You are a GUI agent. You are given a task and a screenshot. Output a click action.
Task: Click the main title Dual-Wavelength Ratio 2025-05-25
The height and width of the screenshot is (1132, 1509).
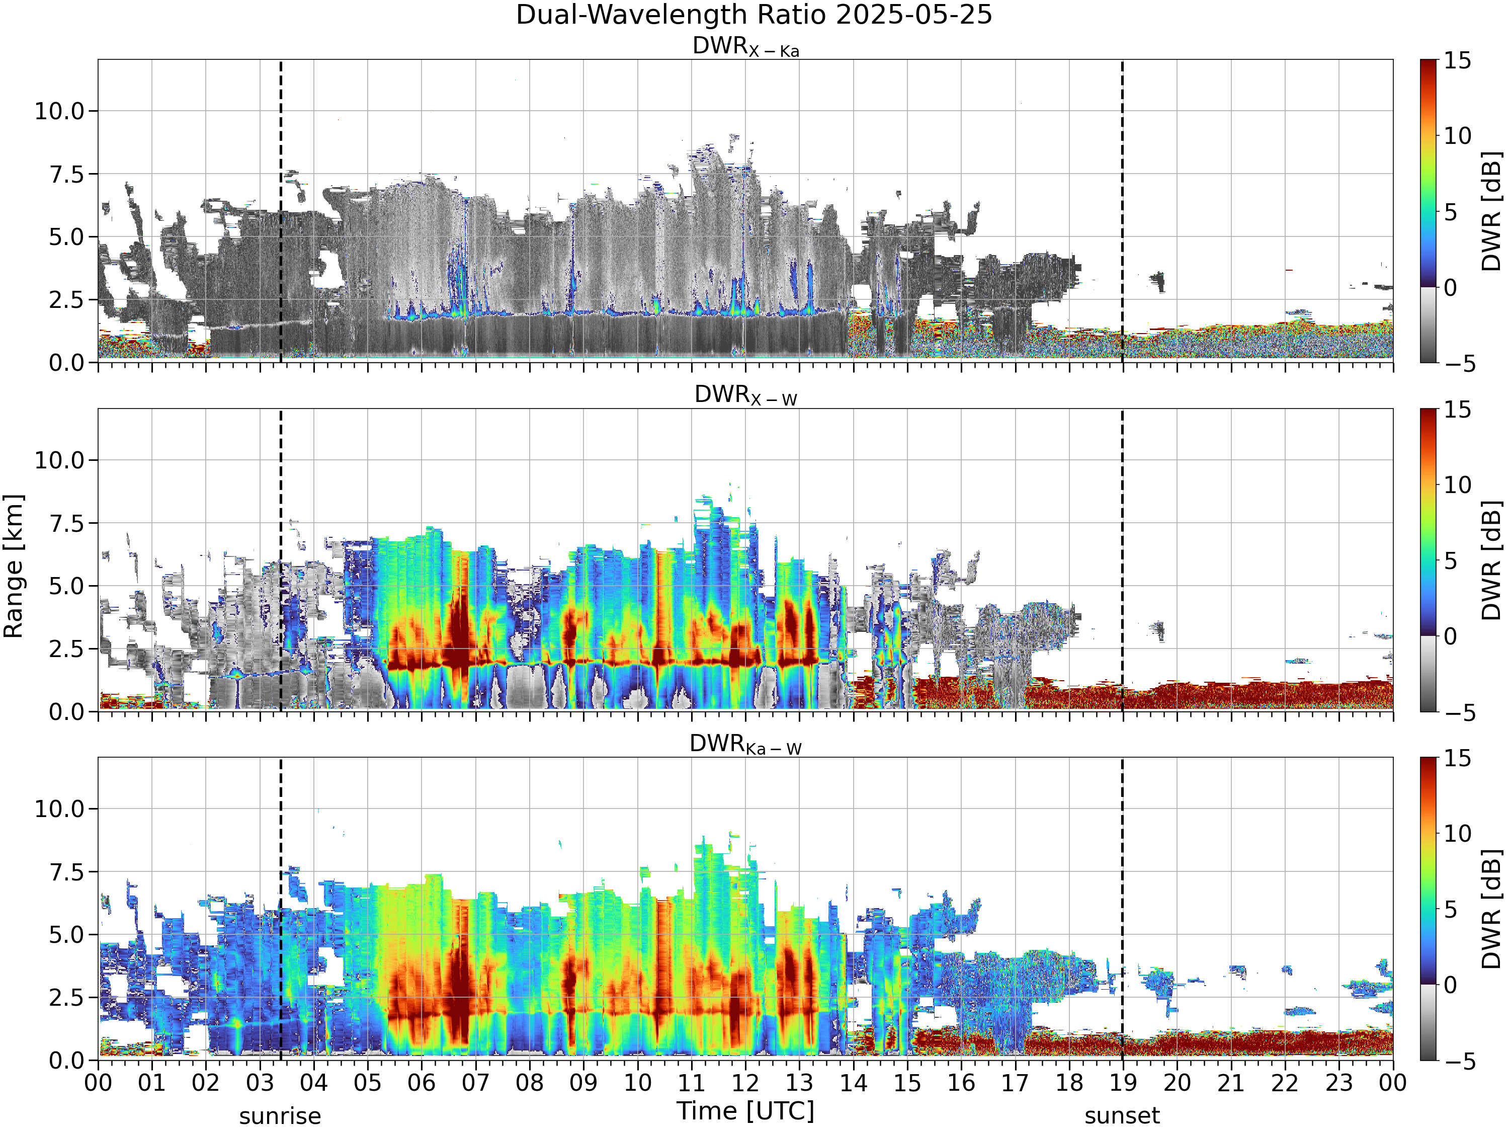[754, 15]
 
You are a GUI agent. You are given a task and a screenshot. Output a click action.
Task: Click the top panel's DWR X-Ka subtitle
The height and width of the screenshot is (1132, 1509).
[745, 46]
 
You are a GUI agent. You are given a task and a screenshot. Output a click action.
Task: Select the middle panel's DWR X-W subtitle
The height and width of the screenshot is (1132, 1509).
[745, 395]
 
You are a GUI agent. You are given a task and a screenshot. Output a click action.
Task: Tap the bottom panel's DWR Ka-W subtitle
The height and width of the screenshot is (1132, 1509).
[745, 744]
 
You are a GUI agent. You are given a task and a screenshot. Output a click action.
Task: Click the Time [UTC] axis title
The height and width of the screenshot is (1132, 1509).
[745, 1111]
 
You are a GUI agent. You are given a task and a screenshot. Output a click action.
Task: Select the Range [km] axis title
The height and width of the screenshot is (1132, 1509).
[14, 567]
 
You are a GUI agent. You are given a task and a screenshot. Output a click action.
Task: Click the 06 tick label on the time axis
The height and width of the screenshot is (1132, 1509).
[422, 1083]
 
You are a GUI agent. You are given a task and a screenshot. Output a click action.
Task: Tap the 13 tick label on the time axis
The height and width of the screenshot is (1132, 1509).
[800, 1083]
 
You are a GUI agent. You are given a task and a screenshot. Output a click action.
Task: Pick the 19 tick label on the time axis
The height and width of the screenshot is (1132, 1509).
[1123, 1083]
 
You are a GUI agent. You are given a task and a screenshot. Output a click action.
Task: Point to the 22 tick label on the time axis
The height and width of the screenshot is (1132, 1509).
[1285, 1083]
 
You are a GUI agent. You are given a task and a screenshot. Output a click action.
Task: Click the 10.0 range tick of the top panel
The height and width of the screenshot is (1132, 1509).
[60, 111]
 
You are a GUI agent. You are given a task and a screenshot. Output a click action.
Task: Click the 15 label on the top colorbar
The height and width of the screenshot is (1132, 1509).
[1457, 61]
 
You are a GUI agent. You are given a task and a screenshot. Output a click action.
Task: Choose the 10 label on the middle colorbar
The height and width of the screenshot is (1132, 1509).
[1457, 485]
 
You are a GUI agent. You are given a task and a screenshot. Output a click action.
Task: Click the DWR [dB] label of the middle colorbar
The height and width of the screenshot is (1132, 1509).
[1492, 560]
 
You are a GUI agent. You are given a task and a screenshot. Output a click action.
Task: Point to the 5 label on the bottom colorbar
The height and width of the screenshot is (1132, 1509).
[1450, 910]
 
